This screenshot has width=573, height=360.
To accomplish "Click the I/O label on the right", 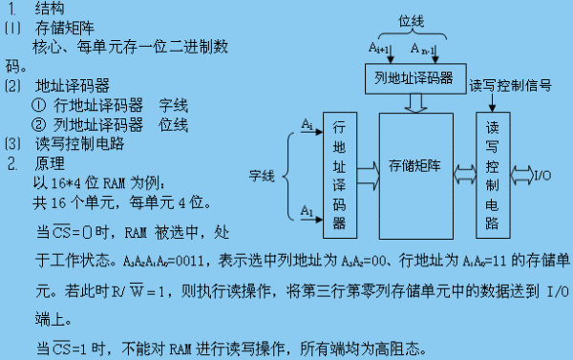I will pos(541,176).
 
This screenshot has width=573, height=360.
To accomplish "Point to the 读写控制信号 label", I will pos(511,86).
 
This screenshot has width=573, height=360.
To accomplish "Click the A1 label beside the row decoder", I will pos(307,210).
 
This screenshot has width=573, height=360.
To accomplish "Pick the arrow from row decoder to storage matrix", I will pos(367,173).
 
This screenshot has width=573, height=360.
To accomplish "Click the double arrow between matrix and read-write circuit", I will pos(464,174).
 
